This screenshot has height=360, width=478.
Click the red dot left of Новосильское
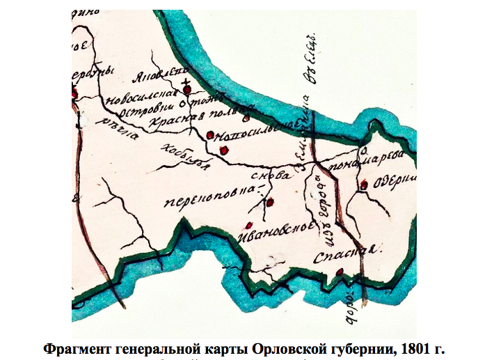[x=209, y=134]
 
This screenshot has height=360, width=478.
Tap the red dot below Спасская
[x=339, y=272]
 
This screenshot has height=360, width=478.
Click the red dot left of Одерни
[x=363, y=185]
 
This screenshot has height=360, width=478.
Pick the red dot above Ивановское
[x=248, y=225]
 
